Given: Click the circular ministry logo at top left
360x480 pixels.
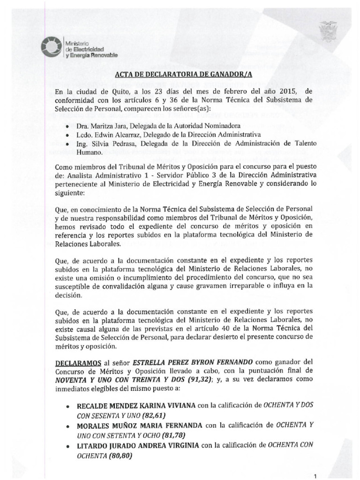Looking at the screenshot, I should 50,47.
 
